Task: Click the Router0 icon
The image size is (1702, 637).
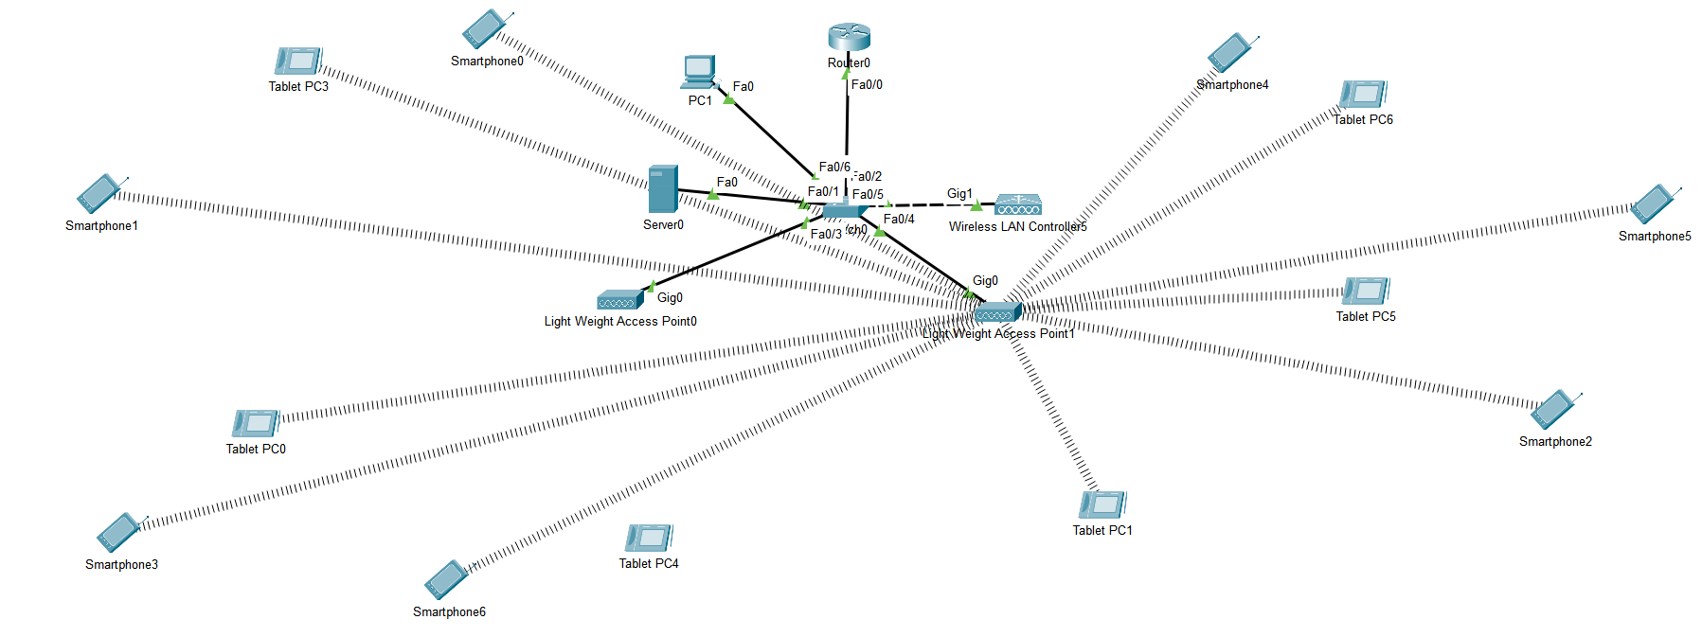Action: [848, 38]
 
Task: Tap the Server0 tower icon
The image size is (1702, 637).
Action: [662, 189]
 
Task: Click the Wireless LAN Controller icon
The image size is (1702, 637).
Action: [1017, 204]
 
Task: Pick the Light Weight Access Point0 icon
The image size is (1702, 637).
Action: [620, 300]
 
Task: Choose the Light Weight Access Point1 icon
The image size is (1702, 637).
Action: [997, 311]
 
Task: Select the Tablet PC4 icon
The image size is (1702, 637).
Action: [649, 538]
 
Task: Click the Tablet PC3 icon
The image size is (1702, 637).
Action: [298, 62]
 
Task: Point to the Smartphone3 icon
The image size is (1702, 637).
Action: [119, 532]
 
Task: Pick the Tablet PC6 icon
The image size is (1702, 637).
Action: [1363, 95]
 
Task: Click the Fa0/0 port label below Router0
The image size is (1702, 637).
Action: [866, 85]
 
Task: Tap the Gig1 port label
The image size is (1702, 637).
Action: [958, 193]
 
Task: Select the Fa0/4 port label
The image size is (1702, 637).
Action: [898, 219]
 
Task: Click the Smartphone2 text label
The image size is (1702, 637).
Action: [1554, 442]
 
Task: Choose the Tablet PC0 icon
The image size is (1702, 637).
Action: [255, 423]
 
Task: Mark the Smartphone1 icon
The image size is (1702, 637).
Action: [99, 194]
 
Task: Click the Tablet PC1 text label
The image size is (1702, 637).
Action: [1102, 531]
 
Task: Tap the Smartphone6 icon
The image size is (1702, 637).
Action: [446, 579]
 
